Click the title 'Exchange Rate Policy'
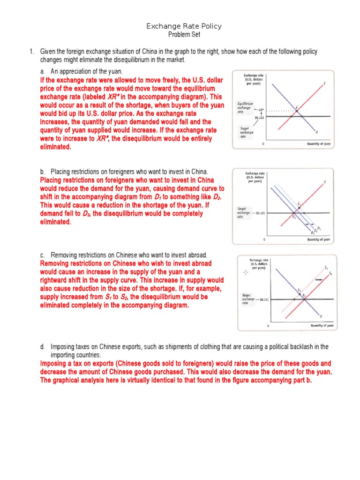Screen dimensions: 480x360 click(184, 26)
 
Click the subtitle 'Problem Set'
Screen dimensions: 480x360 click(184, 35)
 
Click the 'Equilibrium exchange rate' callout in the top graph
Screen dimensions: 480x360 click(245, 107)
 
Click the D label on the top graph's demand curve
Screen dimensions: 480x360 click(316, 132)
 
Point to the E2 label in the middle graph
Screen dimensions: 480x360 click(294, 217)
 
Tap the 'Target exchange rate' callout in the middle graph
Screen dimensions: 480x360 click(244, 213)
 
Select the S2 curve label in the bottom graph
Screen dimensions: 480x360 click(330, 273)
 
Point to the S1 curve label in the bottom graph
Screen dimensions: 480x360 click(326, 267)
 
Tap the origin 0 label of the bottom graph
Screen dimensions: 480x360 click(268, 325)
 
